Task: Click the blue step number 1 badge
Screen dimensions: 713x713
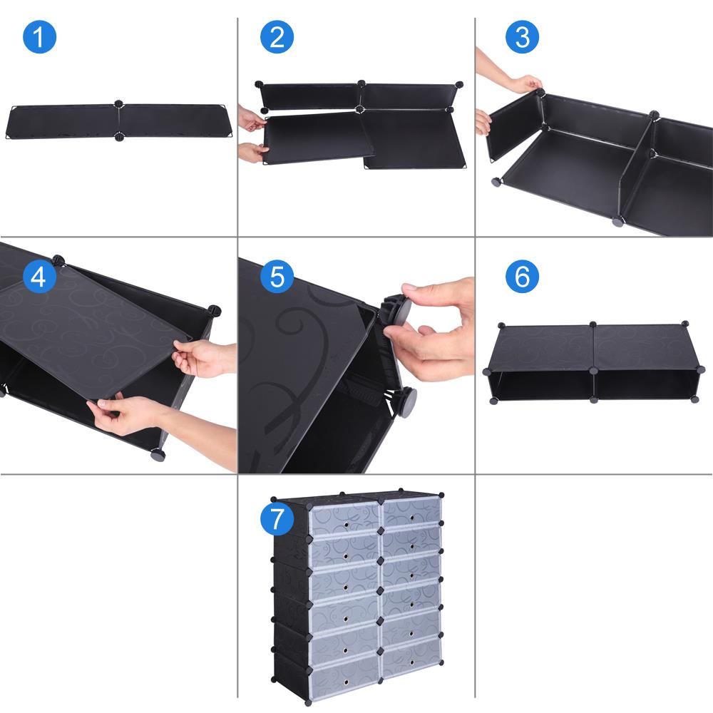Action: [39, 37]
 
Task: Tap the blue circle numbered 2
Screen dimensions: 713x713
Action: [277, 37]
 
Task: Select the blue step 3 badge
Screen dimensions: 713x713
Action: [522, 37]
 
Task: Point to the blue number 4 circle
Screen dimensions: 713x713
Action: [39, 276]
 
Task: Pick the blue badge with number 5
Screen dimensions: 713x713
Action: [277, 276]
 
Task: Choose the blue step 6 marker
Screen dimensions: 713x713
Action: [522, 276]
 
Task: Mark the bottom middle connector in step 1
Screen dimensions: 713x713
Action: [118, 137]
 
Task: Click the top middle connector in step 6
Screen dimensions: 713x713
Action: [593, 325]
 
